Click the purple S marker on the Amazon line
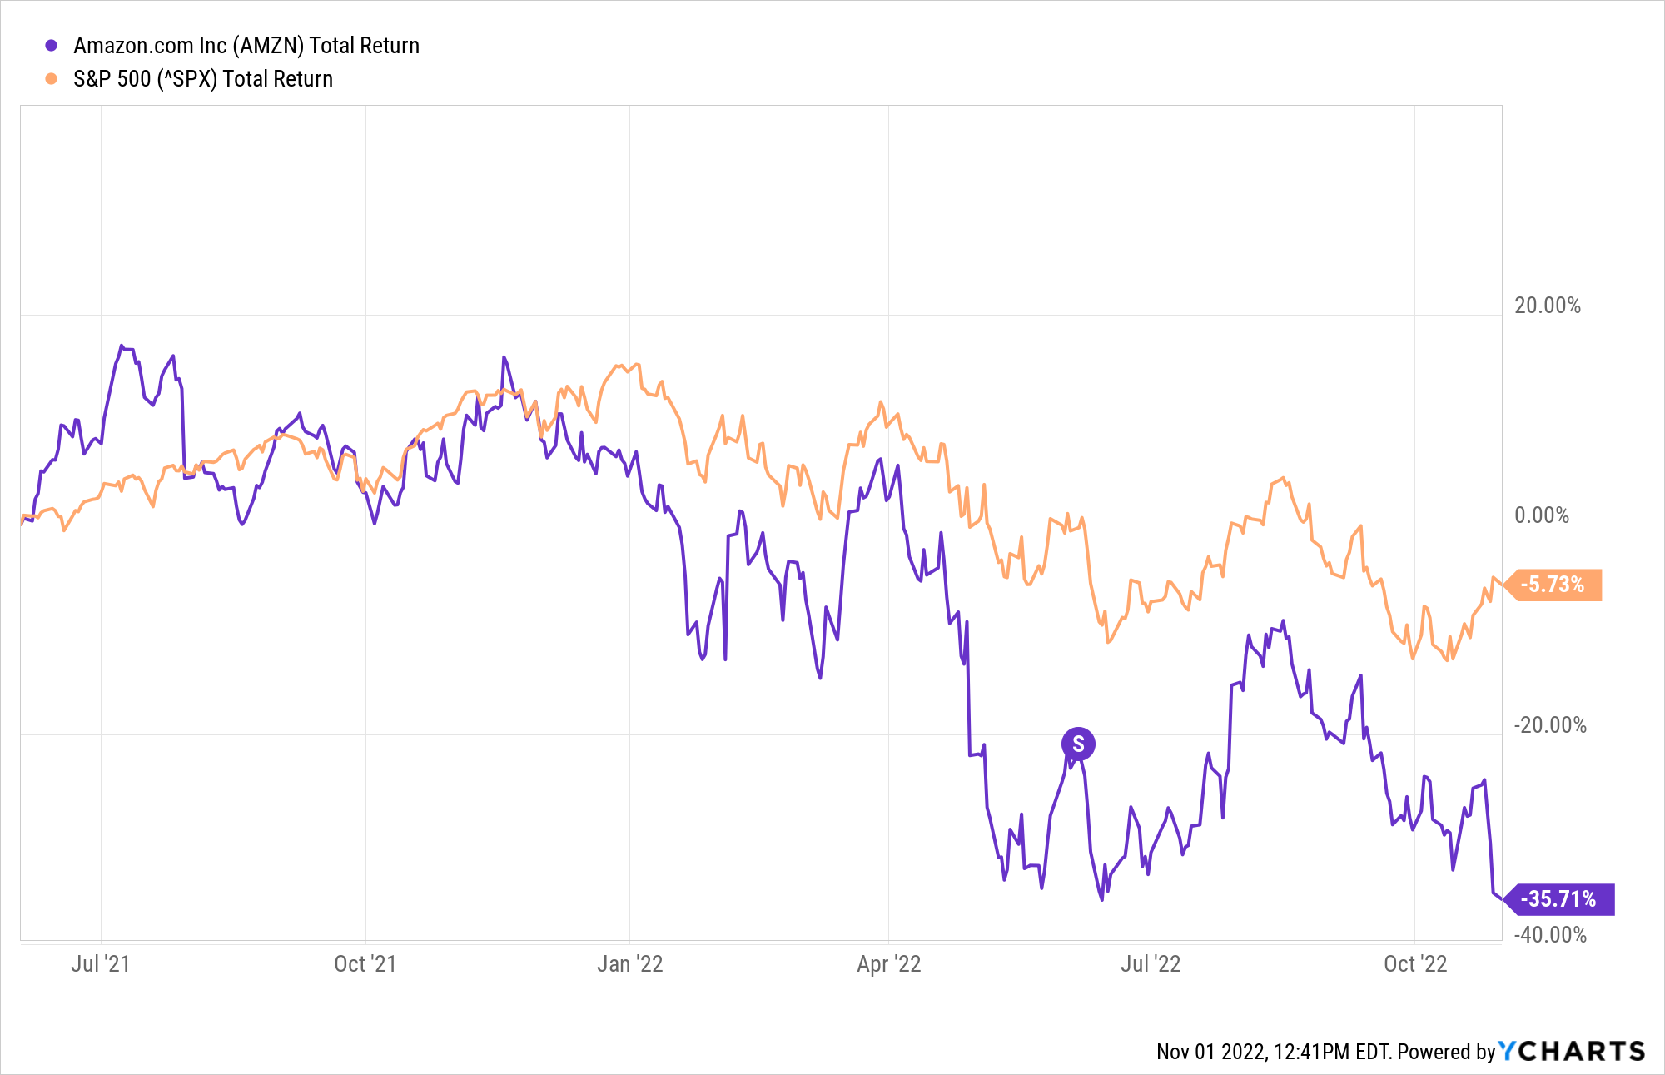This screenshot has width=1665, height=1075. click(1078, 744)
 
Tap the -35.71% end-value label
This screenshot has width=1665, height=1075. click(1558, 899)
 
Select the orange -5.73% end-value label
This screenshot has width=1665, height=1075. click(1553, 585)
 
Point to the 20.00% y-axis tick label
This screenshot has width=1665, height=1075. click(1547, 306)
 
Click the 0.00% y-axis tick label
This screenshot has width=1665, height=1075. click(1541, 515)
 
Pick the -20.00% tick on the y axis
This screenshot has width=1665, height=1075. click(1549, 725)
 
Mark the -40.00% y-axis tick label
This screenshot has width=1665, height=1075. click(1549, 935)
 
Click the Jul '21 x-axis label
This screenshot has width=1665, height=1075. click(100, 964)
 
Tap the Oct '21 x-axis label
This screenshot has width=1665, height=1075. click(365, 964)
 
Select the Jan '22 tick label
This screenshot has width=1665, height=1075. click(629, 964)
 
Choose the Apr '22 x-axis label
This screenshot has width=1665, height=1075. click(888, 964)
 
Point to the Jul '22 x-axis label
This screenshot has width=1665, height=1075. click(1151, 964)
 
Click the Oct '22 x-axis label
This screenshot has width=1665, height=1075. click(1415, 964)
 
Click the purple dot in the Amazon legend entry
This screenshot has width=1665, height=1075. click(52, 46)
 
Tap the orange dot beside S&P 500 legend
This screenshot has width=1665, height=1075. click(52, 79)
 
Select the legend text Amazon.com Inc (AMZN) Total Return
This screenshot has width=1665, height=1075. click(246, 46)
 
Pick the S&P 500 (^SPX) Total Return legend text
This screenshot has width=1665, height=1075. click(203, 79)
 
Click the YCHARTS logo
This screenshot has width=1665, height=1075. click(1572, 1051)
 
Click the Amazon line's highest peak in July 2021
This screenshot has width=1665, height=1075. click(121, 346)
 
